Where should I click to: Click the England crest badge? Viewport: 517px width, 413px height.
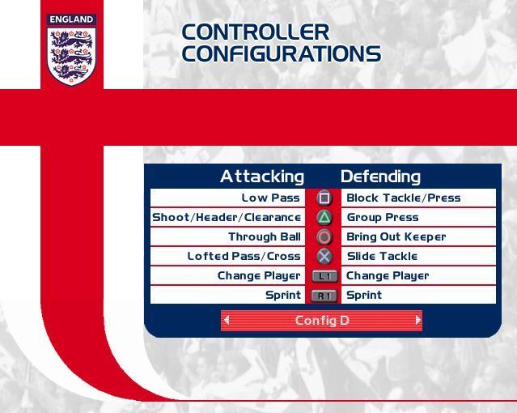[71, 50]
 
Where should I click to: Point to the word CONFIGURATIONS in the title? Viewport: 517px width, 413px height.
[281, 54]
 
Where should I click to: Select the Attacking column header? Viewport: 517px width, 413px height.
[262, 177]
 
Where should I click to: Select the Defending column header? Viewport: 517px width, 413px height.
[380, 177]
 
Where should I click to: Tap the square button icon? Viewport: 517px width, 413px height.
[324, 198]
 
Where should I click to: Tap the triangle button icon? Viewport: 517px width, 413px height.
[324, 217]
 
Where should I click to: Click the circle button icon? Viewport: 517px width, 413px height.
[324, 236]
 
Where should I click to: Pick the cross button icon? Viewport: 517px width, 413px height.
[324, 256]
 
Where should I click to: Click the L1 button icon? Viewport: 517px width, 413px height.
[324, 276]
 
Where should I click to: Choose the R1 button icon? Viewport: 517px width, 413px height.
[324, 296]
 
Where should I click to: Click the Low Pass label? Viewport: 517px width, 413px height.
[270, 198]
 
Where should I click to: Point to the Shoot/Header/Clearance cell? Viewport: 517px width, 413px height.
[227, 217]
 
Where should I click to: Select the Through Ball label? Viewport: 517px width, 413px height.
[264, 236]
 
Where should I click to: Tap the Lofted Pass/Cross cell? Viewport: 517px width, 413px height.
[244, 256]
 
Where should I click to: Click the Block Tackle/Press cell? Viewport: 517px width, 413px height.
[403, 198]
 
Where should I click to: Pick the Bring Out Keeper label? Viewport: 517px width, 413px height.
[396, 236]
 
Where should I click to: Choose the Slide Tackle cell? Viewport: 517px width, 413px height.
[382, 256]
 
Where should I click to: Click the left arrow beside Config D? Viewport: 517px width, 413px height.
[227, 320]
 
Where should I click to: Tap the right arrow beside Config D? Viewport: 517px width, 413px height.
[417, 320]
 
